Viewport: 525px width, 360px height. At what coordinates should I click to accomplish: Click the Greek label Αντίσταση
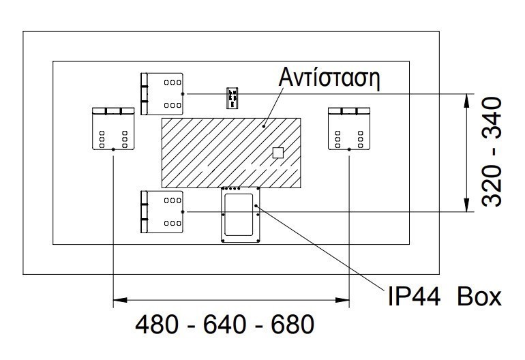coord(329,76)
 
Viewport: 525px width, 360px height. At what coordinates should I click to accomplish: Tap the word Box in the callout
coord(479,297)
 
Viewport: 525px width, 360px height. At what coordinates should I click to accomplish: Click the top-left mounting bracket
coord(162,93)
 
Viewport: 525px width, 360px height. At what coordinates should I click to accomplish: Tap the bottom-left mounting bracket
coord(162,211)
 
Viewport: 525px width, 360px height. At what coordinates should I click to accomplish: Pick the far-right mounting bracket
coord(348,128)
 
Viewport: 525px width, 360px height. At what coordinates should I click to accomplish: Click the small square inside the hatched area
coord(277,152)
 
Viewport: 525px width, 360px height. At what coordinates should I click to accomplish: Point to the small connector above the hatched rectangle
coord(232,97)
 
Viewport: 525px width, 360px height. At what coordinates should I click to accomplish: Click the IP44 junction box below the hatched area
coord(239,215)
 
